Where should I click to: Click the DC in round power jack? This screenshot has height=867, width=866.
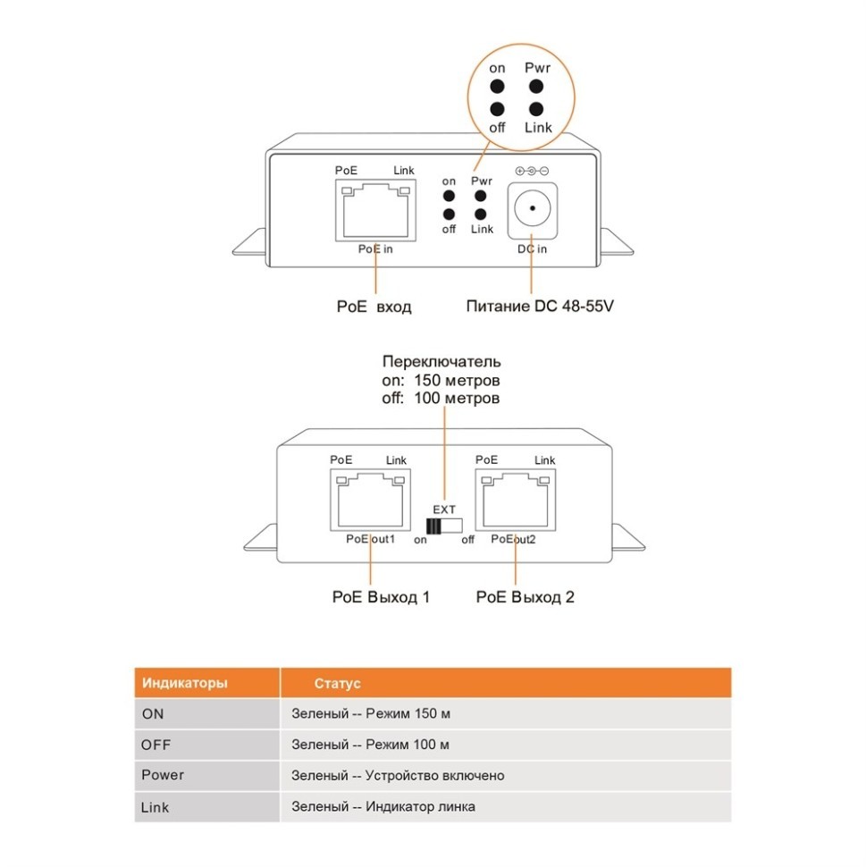tap(532, 211)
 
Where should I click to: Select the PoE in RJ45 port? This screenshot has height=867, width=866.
tap(375, 210)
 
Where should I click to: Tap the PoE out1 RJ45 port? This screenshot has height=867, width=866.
tap(369, 503)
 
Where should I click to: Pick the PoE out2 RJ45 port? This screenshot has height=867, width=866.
tap(517, 503)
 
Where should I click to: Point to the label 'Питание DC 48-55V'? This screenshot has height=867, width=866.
tap(540, 307)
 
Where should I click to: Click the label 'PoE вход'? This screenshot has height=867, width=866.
tap(374, 307)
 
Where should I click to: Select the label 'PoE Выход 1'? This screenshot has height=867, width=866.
tap(381, 596)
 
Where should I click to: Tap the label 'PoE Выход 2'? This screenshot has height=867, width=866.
tap(525, 596)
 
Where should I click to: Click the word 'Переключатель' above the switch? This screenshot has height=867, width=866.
tap(441, 362)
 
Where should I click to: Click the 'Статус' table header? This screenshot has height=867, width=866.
tap(337, 684)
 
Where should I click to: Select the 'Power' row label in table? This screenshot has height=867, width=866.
tap(163, 775)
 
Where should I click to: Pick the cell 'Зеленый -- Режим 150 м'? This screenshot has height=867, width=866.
tap(370, 714)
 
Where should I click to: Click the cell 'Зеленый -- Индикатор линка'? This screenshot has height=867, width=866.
tap(383, 806)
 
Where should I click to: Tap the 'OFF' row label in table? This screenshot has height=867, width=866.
tap(156, 745)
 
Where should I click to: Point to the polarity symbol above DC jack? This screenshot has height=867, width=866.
tap(532, 171)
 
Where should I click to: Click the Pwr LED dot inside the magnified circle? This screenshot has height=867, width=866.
tap(536, 87)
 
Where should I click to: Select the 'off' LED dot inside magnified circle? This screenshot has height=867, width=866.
tap(498, 109)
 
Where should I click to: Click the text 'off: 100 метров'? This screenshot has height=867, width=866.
tap(441, 398)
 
